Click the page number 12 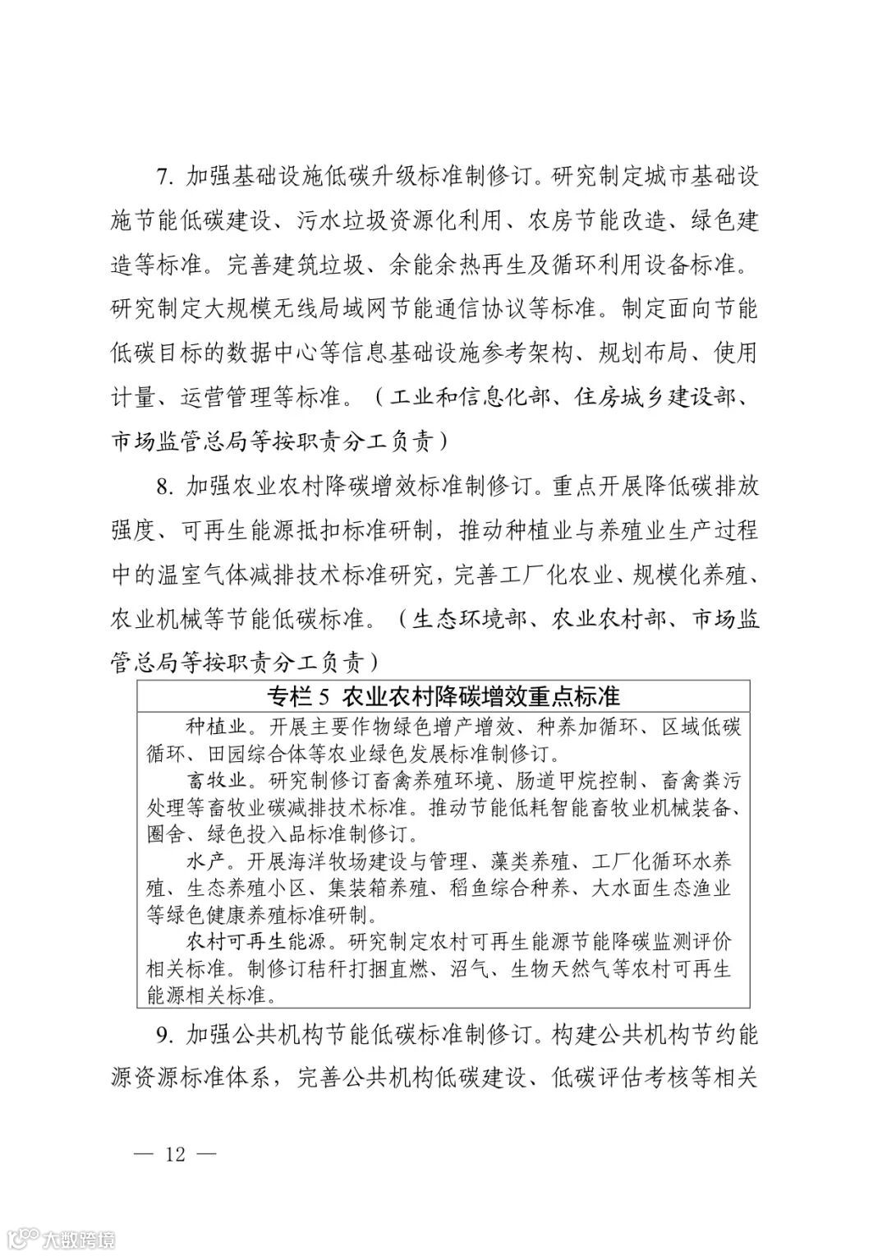[x=174, y=1154]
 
